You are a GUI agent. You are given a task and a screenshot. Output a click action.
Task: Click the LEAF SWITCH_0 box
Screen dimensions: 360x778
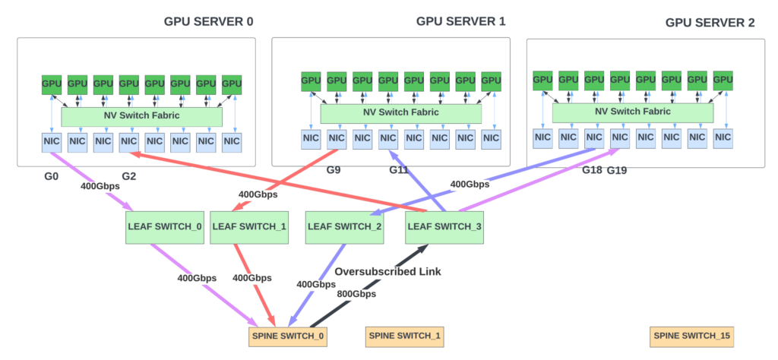pyautogui.click(x=164, y=226)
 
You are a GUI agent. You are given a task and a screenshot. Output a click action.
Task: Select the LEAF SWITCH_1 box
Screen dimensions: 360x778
pyautogui.click(x=250, y=226)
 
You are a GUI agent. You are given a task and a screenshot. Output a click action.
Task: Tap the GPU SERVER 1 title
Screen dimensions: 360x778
pyautogui.click(x=461, y=21)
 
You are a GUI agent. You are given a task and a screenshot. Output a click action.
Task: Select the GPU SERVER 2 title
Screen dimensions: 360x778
pyautogui.click(x=710, y=23)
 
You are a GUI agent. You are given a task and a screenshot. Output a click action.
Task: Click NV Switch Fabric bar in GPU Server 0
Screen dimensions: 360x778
pyautogui.click(x=141, y=116)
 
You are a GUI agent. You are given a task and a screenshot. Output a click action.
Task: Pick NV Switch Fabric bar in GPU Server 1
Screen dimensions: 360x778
pyautogui.click(x=400, y=112)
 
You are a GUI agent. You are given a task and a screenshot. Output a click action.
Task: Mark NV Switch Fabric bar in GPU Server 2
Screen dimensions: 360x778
pyautogui.click(x=632, y=112)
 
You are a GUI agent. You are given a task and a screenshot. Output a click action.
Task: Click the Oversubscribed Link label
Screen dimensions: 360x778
pyautogui.click(x=388, y=271)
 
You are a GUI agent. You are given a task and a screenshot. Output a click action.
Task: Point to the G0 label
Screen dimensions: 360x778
pyautogui.click(x=52, y=177)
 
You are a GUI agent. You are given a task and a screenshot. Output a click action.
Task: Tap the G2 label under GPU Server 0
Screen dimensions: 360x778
pyautogui.click(x=129, y=177)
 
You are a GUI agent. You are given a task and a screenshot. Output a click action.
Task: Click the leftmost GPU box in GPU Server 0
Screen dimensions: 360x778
pyautogui.click(x=52, y=84)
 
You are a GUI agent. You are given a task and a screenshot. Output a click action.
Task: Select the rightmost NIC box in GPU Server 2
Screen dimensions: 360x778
pyautogui.click(x=723, y=137)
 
